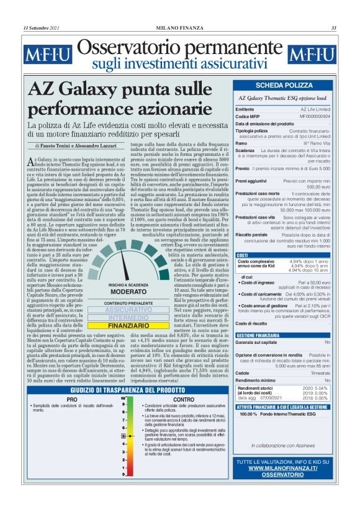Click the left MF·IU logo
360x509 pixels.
click(x=45, y=55)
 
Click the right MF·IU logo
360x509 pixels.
click(x=313, y=55)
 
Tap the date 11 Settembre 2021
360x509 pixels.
click(x=41, y=27)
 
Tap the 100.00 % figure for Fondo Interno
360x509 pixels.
click(x=249, y=414)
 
